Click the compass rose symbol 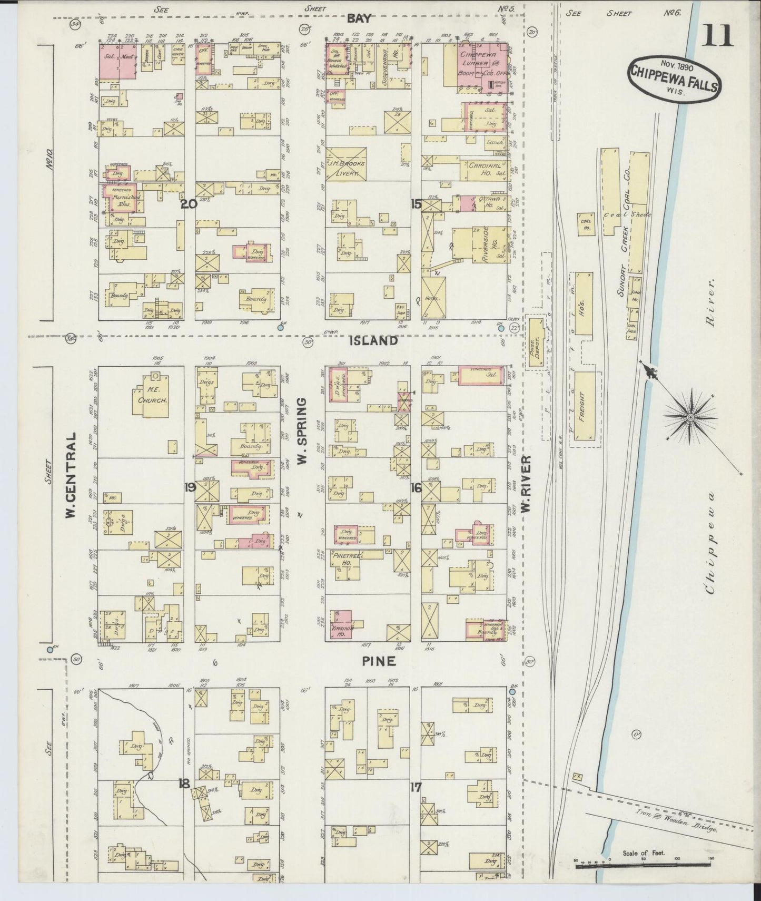click(690, 417)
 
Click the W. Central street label click(71, 475)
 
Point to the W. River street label click(526, 484)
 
